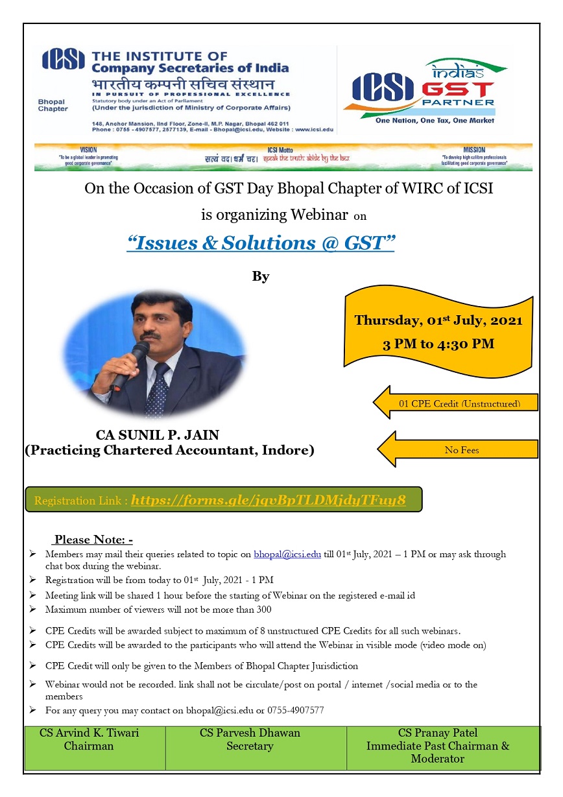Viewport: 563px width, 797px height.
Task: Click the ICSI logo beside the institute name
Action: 64,60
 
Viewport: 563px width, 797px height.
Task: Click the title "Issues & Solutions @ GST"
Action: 261,243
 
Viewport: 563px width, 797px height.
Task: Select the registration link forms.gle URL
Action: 268,500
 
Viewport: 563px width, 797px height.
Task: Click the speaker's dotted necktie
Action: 158,389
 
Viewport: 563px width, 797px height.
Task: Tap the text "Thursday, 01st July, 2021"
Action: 438,320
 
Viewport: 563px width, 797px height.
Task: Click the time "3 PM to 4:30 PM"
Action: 438,344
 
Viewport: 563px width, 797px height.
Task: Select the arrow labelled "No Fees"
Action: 458,449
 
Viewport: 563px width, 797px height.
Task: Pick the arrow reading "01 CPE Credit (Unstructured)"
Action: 457,404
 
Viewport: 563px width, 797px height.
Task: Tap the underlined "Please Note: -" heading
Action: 93,540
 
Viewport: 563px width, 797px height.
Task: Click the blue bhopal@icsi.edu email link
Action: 287,554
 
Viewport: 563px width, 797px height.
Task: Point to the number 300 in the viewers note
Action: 263,610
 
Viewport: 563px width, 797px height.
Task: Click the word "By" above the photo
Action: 260,277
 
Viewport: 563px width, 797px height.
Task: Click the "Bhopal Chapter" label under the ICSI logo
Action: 53,106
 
